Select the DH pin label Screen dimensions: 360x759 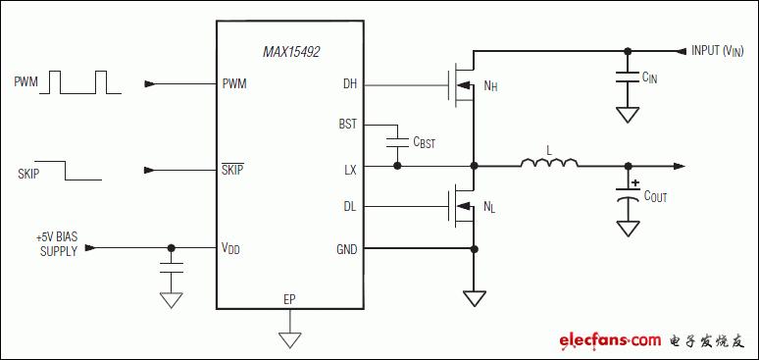click(350, 83)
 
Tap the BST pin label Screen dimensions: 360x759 click(348, 126)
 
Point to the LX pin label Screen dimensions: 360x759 click(350, 168)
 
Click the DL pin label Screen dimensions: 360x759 click(350, 207)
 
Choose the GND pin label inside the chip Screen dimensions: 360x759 click(347, 249)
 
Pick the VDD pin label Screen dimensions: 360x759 click(231, 249)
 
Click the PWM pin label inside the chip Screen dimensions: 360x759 click(234, 83)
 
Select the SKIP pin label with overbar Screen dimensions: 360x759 click(233, 169)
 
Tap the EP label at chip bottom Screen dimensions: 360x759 click(289, 298)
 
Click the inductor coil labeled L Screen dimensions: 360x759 click(548, 165)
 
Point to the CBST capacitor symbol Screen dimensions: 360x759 click(397, 143)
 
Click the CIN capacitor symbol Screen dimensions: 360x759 click(625, 77)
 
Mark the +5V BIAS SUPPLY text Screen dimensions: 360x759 click(56, 243)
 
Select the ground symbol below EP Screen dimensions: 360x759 click(289, 338)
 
